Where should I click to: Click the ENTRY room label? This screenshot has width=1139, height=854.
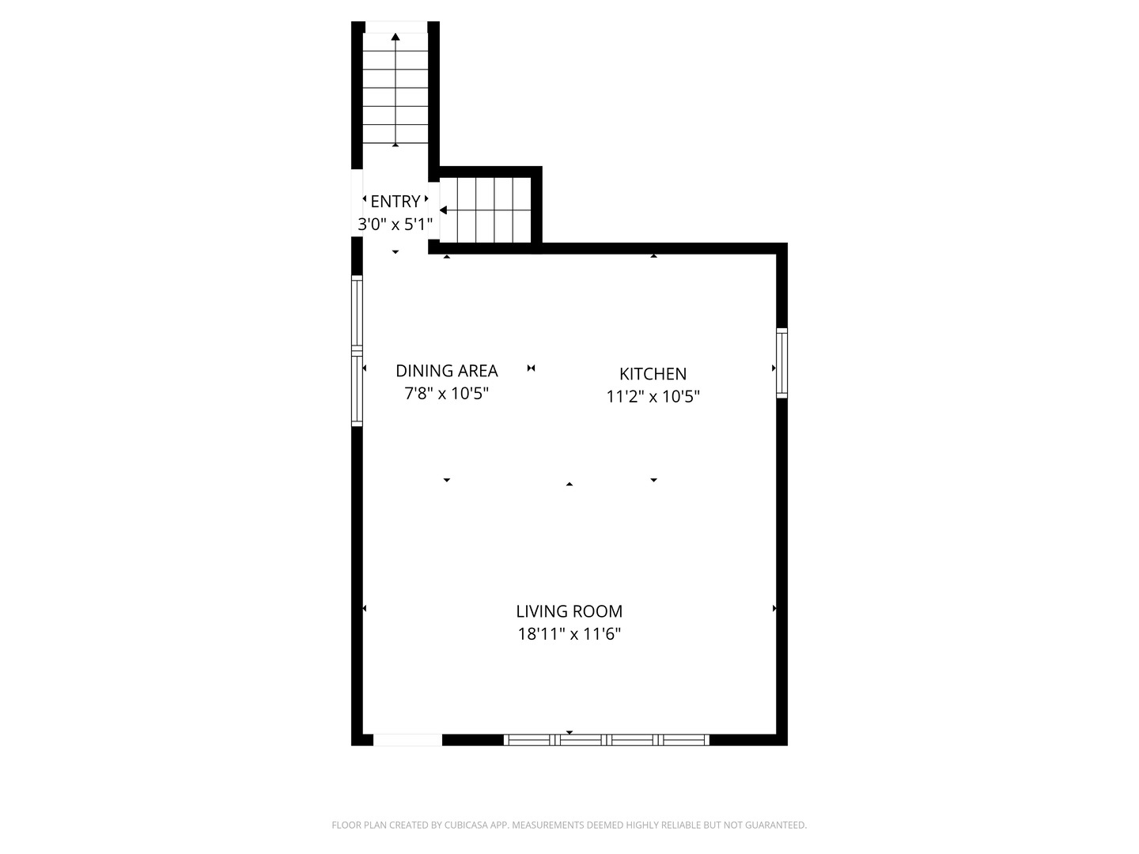click(x=395, y=202)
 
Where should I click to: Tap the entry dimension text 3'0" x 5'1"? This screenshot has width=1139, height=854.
click(x=395, y=225)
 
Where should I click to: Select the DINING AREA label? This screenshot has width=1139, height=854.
click(x=447, y=371)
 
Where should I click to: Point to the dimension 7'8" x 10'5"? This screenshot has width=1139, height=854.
click(x=447, y=393)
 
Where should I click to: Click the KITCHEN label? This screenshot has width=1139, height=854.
click(x=653, y=374)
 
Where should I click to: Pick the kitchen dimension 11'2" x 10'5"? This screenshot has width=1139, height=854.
click(x=653, y=396)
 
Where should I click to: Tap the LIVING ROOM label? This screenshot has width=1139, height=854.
click(x=569, y=611)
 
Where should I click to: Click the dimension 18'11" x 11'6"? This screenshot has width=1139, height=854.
click(x=569, y=633)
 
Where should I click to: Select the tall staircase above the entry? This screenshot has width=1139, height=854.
click(x=395, y=91)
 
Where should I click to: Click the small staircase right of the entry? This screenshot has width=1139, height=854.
click(x=486, y=210)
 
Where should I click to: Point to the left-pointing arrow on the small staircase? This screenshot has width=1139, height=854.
click(x=444, y=210)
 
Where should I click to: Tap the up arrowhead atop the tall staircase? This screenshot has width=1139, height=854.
click(x=395, y=36)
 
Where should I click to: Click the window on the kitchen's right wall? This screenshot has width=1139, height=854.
click(x=781, y=363)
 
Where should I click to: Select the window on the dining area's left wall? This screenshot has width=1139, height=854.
click(x=357, y=351)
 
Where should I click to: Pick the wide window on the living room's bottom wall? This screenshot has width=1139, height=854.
click(x=607, y=740)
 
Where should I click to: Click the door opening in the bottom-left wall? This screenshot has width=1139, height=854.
click(x=407, y=740)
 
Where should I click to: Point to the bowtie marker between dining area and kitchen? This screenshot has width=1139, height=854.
click(x=532, y=368)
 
